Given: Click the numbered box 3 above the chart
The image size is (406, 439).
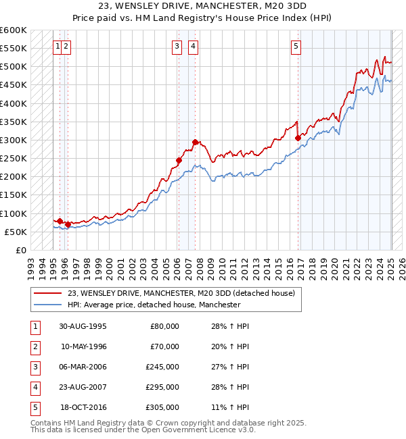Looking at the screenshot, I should coord(177,47).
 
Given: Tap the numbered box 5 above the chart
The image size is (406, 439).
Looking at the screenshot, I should coord(296,47).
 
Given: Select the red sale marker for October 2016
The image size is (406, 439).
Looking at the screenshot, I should coord(298,138).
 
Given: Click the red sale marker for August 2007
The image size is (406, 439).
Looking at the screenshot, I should coord(195,142).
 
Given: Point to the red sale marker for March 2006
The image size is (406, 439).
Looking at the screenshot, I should coord(179,160).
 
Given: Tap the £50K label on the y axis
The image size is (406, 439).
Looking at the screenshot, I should coord(16,232).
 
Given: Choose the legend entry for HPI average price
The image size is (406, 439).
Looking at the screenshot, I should coord(154,305).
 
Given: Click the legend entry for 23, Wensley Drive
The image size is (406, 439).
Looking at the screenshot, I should coord(181,293).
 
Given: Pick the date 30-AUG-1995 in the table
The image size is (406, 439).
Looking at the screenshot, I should coord(83,326).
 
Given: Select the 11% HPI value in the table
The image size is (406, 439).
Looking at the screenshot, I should coord(235,407).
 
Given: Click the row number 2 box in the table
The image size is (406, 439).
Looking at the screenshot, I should coord(35,346).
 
